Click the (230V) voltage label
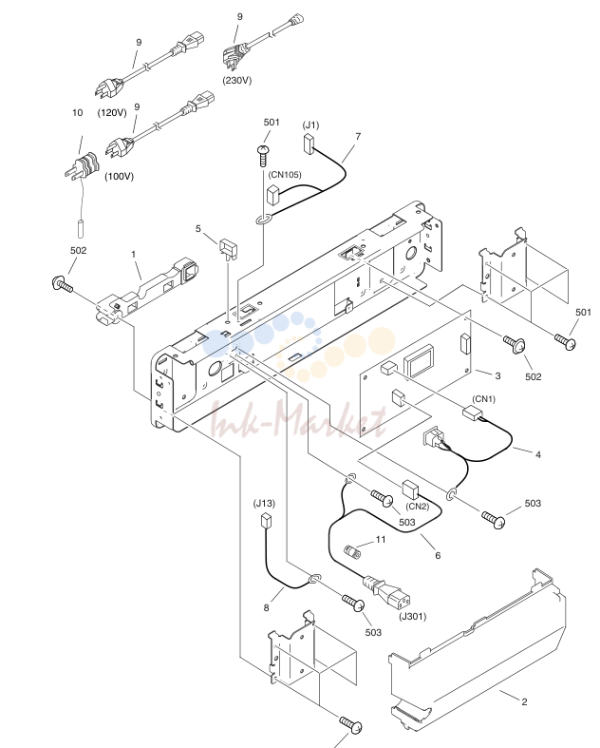(x=236, y=80)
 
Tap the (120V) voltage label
(x=112, y=112)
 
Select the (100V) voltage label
(x=119, y=176)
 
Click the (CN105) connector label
(x=285, y=175)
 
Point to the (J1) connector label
(x=310, y=125)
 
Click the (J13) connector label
(x=264, y=504)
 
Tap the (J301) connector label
(x=413, y=616)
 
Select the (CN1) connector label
(x=484, y=399)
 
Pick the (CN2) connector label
(x=418, y=507)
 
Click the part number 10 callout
(x=77, y=112)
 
